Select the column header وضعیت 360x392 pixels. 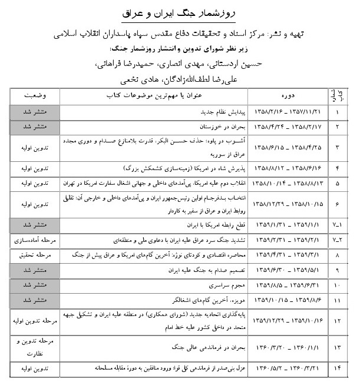click(x=36, y=95)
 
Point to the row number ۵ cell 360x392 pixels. click(x=338, y=182)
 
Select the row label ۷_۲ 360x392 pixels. click(x=338, y=240)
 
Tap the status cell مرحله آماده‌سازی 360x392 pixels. click(x=36, y=240)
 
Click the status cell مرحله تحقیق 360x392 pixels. click(x=36, y=255)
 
